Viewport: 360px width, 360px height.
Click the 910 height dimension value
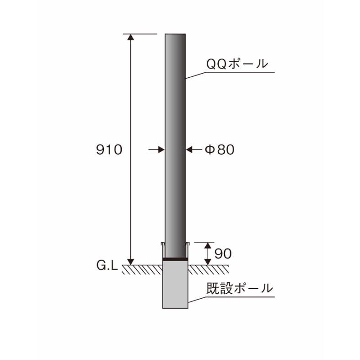(109, 150)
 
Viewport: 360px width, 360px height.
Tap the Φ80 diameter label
(219, 150)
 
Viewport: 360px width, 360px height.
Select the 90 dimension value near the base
(223, 253)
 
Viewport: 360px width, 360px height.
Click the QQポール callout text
(236, 64)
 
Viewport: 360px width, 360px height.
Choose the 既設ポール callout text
(239, 289)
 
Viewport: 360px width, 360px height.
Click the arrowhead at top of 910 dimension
(131, 38)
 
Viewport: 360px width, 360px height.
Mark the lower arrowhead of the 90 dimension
(208, 261)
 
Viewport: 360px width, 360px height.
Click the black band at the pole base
(175, 259)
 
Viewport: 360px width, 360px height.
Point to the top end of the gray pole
(175, 35)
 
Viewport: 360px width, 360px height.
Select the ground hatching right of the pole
(204, 269)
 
